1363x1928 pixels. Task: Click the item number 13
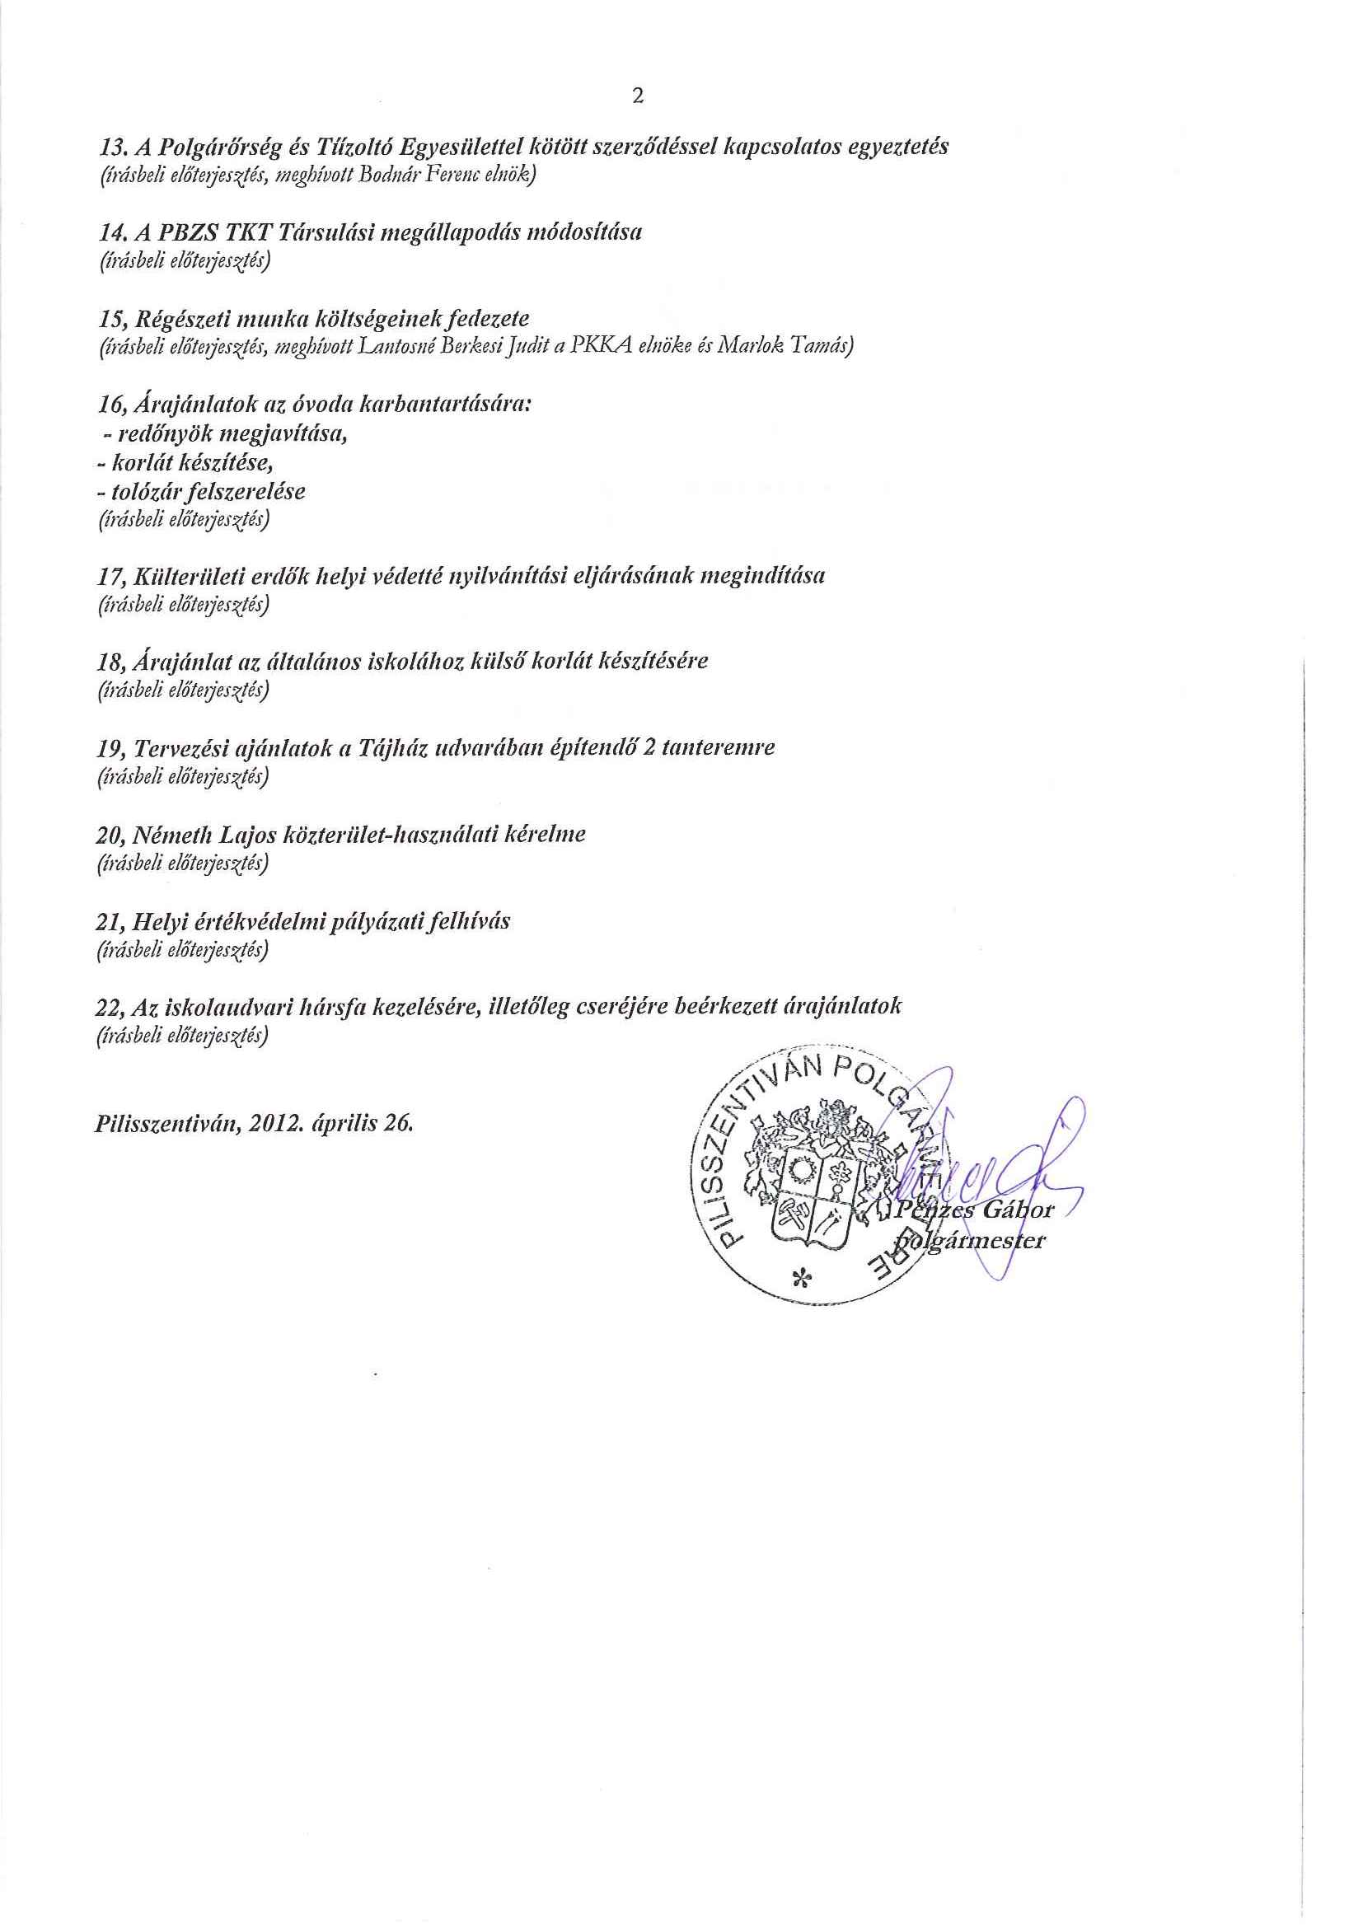pyautogui.click(x=110, y=147)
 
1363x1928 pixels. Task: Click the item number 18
pyautogui.click(x=111, y=662)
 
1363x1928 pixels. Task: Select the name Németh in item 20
pyautogui.click(x=169, y=835)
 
